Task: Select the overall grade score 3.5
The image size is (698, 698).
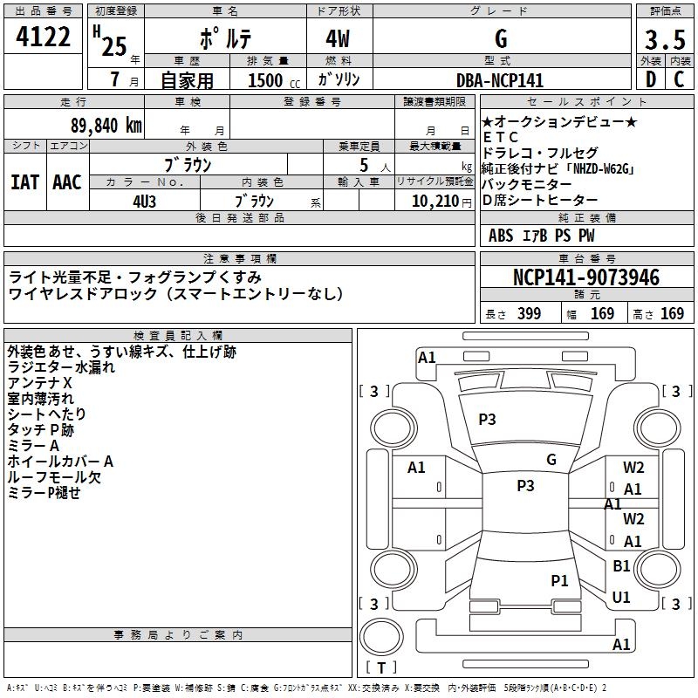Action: click(664, 40)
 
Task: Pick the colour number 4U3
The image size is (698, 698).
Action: click(144, 202)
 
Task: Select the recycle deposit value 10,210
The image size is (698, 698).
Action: click(428, 202)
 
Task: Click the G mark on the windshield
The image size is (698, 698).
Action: click(551, 460)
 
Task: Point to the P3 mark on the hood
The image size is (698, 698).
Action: click(487, 420)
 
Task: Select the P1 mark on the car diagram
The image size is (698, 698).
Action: click(559, 580)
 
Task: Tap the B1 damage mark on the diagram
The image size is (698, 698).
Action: click(621, 566)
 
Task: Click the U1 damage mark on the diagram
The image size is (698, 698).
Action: click(621, 598)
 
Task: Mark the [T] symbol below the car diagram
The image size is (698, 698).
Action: click(382, 668)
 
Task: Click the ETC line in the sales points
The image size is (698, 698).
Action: click(501, 138)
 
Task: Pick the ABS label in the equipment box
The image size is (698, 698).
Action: click(501, 236)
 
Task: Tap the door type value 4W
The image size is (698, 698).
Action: click(339, 40)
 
